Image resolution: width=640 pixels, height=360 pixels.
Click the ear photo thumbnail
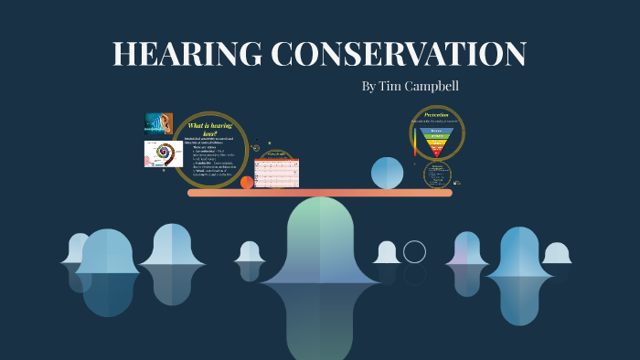click(158, 123)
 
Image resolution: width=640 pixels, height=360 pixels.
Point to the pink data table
click(277, 172)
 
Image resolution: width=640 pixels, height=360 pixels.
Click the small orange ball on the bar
click(247, 183)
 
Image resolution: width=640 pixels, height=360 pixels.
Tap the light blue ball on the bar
click(388, 173)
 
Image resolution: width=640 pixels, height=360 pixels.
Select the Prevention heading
click(436, 115)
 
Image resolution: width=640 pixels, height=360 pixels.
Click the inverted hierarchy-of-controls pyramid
click(436, 142)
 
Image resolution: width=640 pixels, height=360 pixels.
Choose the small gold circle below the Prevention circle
click(438, 175)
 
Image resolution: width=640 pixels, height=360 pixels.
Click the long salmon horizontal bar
click(320, 193)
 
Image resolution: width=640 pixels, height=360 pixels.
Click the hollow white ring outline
click(414, 251)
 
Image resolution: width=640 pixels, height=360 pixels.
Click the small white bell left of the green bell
click(250, 252)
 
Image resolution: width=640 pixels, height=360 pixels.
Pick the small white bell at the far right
click(557, 253)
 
